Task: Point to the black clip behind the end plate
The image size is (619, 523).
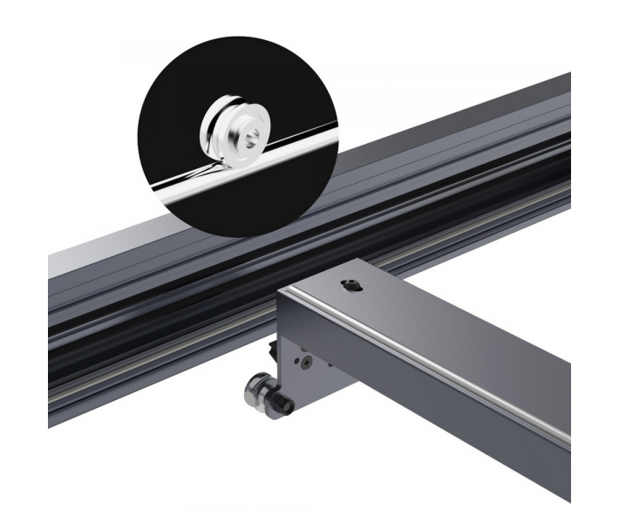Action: pos(272,350)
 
